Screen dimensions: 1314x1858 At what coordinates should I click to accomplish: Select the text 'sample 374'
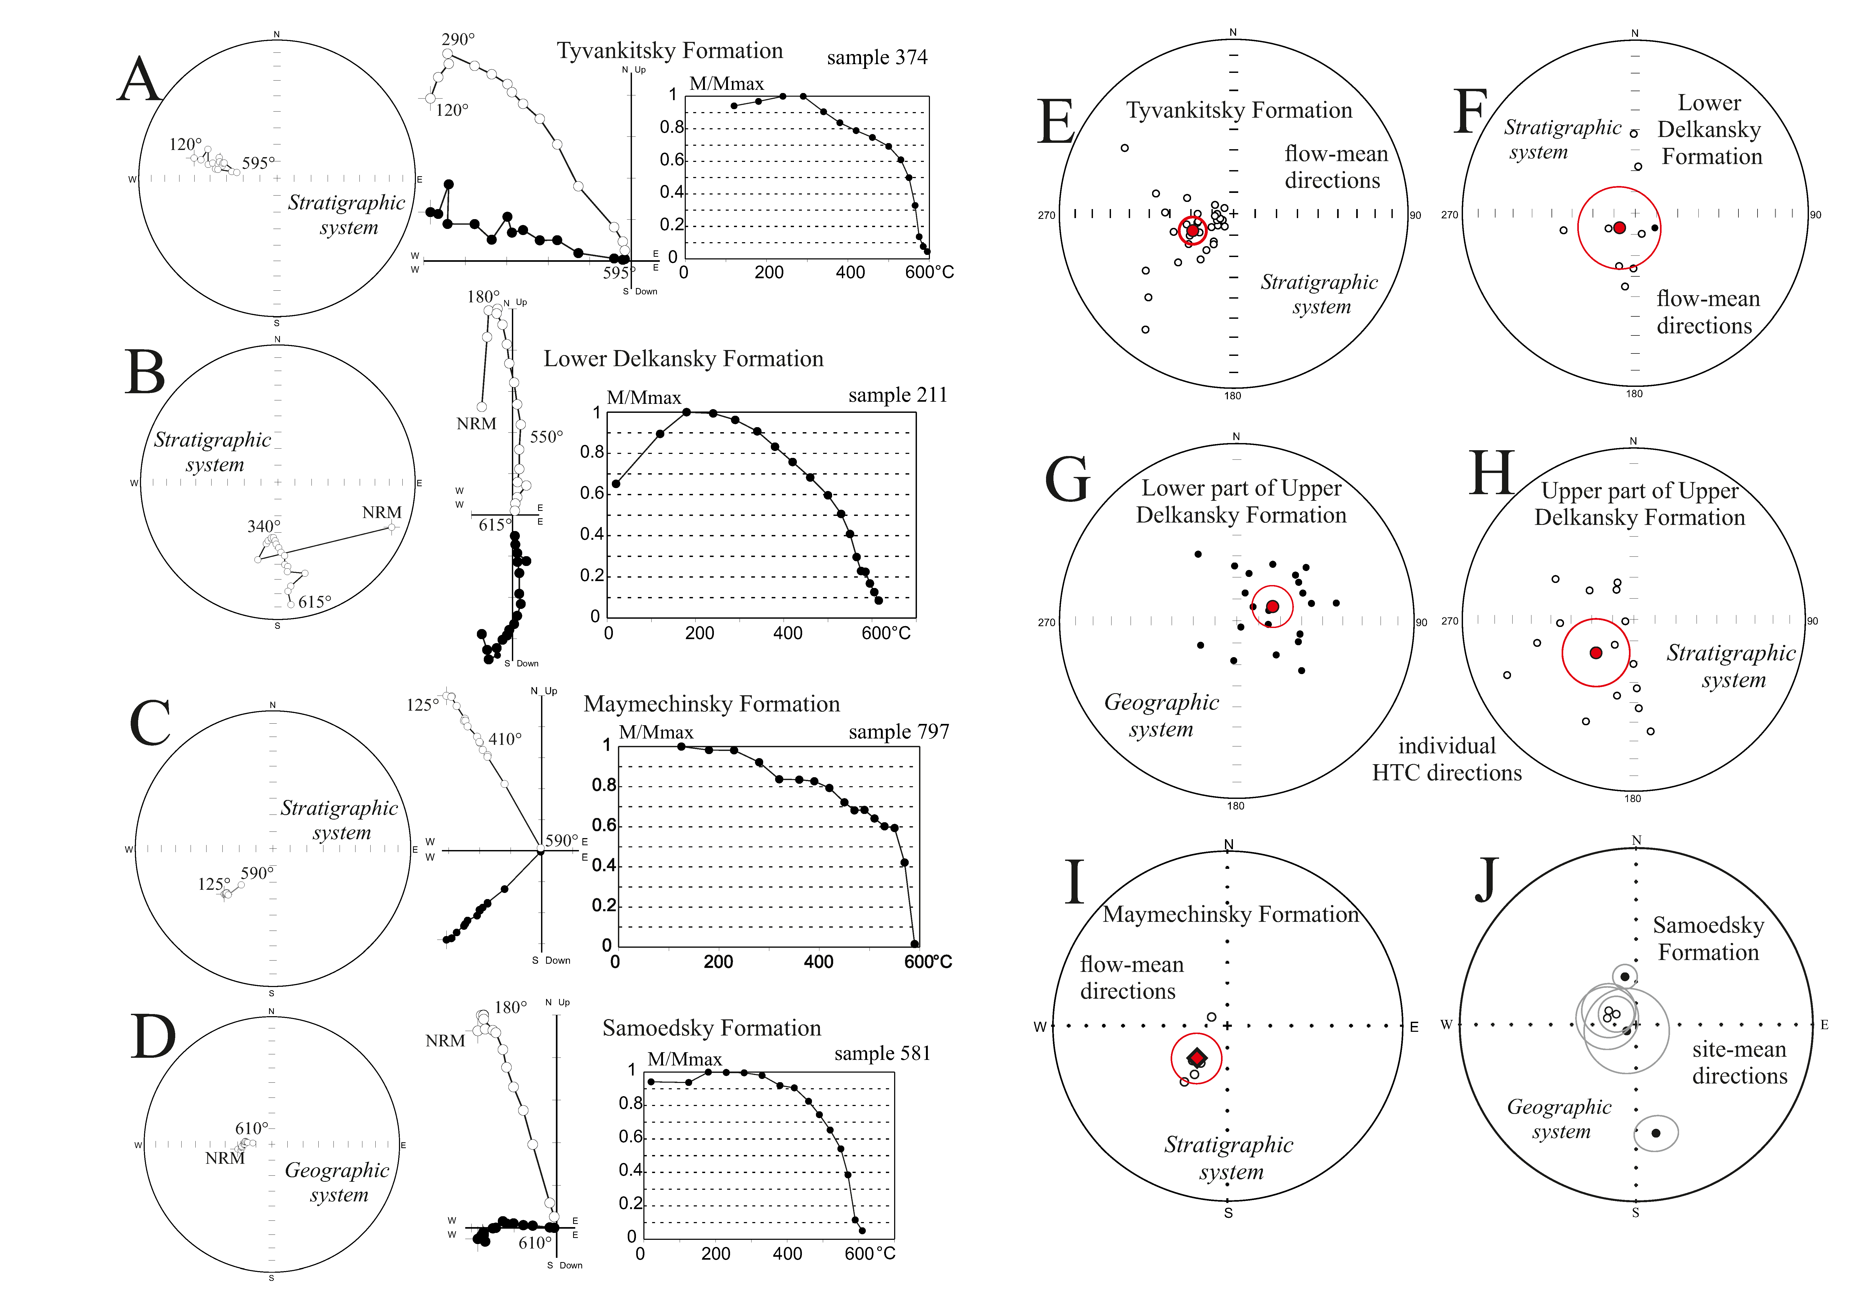876,57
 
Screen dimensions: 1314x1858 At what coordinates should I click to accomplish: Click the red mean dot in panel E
1193,231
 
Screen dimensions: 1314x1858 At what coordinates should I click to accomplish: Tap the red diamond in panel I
1196,1058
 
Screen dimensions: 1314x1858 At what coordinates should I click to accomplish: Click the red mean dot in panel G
1272,606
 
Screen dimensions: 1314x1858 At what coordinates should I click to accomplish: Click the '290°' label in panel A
458,39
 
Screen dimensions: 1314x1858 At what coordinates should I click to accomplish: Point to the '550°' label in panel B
546,437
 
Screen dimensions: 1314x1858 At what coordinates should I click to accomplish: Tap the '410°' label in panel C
505,739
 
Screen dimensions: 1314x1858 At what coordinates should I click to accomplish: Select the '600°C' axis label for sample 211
885,633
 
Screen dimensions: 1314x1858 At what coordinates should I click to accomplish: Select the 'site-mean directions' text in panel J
1739,1062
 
